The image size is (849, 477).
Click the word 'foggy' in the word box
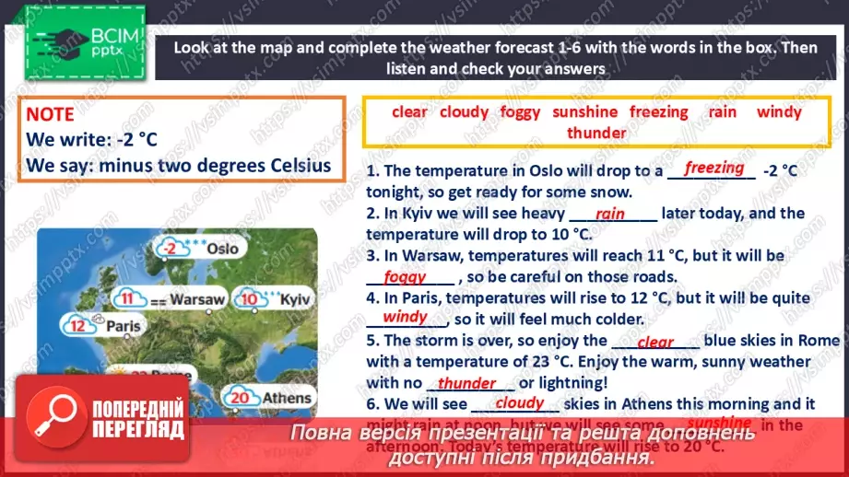click(520, 112)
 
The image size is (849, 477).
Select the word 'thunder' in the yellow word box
click(596, 133)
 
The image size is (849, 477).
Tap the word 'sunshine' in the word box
click(584, 112)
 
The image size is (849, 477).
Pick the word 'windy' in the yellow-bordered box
click(779, 112)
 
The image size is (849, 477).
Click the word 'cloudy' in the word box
click(464, 112)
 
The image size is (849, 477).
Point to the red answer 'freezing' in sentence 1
click(714, 168)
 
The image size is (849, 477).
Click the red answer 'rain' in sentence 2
click(610, 214)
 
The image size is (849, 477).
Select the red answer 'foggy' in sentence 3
click(406, 275)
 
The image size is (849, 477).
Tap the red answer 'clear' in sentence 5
click(655, 342)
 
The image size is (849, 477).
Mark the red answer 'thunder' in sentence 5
click(466, 383)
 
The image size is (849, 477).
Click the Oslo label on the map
click(222, 248)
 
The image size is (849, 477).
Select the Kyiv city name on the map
click(294, 299)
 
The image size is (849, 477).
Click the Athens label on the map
click(287, 398)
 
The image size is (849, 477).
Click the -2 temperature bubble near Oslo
click(168, 249)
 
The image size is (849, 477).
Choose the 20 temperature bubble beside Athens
click(242, 398)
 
